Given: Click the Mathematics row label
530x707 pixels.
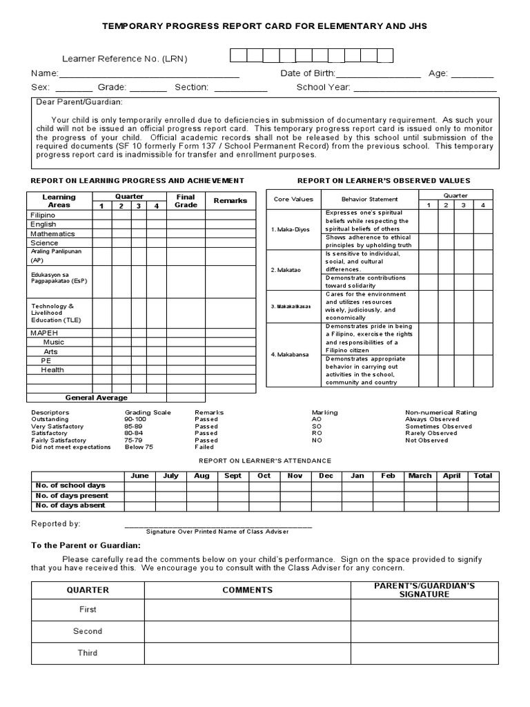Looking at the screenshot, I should click(52, 234).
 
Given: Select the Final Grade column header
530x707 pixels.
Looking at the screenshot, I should click(186, 201).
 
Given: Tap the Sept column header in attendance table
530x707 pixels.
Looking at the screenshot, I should click(233, 476).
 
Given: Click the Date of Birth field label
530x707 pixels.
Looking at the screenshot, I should click(308, 74).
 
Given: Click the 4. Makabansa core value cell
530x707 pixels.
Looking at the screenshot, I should click(290, 354).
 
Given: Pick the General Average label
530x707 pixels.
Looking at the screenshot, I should click(97, 398).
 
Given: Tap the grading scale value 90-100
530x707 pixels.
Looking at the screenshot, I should click(135, 419).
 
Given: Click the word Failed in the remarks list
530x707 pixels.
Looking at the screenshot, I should click(206, 447).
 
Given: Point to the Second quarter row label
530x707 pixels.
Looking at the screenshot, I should click(88, 631).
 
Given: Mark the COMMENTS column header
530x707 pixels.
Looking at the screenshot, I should click(247, 590).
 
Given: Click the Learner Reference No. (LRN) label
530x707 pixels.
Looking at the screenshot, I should click(125, 59).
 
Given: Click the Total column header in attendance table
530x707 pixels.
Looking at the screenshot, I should click(482, 476).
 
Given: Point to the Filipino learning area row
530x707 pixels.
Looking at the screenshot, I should click(43, 215).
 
